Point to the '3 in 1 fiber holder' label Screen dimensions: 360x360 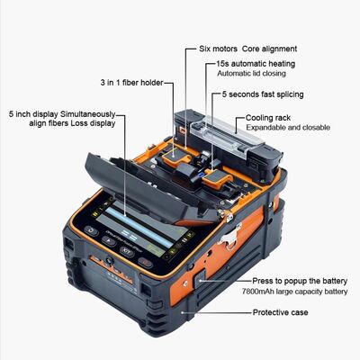click(x=133, y=82)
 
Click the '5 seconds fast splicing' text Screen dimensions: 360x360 click(x=262, y=94)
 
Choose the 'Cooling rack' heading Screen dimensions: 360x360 click(x=266, y=118)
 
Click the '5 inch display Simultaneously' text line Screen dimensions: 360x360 click(x=62, y=114)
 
